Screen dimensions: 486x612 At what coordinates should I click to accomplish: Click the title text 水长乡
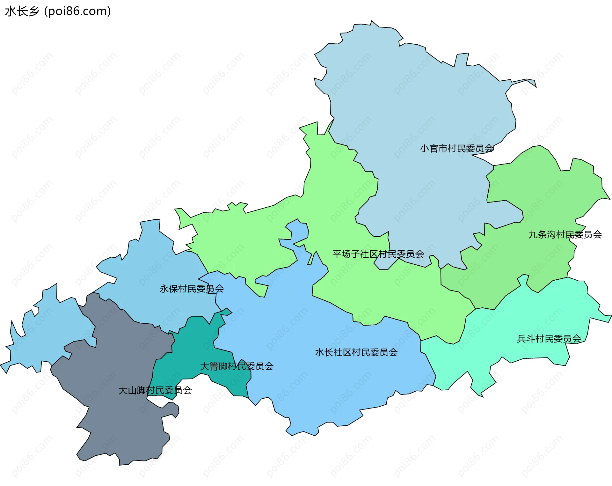click(x=22, y=11)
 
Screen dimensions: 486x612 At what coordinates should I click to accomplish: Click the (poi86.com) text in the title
click(x=77, y=11)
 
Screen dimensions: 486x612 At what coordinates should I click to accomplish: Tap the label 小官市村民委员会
click(x=457, y=148)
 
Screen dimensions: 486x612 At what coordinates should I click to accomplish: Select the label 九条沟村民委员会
click(x=565, y=235)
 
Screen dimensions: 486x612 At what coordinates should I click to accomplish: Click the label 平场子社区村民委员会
click(x=378, y=254)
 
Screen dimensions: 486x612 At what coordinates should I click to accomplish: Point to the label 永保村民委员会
click(x=192, y=289)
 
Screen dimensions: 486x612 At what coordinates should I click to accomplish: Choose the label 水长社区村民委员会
click(x=356, y=352)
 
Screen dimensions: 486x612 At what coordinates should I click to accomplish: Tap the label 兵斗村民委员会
click(x=549, y=339)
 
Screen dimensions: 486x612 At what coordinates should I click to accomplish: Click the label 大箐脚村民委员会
click(x=237, y=366)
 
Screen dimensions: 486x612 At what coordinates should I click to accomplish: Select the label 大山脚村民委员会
click(x=155, y=390)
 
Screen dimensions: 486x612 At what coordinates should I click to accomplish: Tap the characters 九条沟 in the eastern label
click(x=542, y=235)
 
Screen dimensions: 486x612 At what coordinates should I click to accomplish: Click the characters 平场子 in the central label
click(x=346, y=254)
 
